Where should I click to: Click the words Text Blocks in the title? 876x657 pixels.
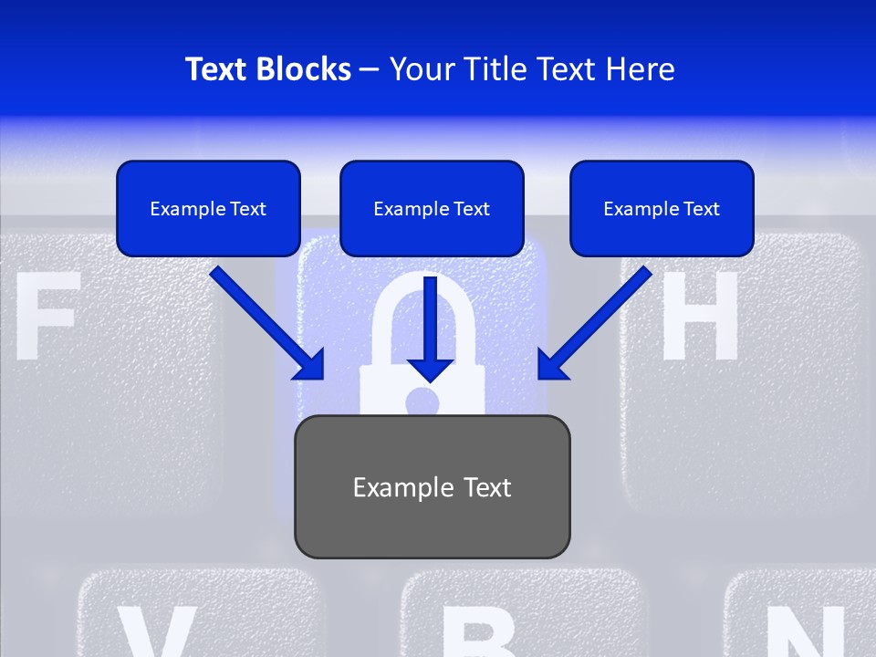point(267,69)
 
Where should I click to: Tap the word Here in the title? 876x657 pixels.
point(641,69)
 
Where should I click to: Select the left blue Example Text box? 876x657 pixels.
point(208,208)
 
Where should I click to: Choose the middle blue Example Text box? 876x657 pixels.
point(432,208)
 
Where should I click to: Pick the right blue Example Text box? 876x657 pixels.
point(662,208)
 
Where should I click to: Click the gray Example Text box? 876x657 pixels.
point(432,486)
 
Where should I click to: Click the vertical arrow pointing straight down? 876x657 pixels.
point(430,328)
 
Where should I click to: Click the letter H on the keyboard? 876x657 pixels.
point(698,315)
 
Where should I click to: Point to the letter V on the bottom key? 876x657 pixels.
point(155,634)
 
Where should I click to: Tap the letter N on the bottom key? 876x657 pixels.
point(803,634)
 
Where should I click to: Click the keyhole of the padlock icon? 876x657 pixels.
point(422,401)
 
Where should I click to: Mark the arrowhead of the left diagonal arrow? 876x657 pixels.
point(309,364)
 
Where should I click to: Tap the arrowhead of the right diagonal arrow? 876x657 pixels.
point(551,364)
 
